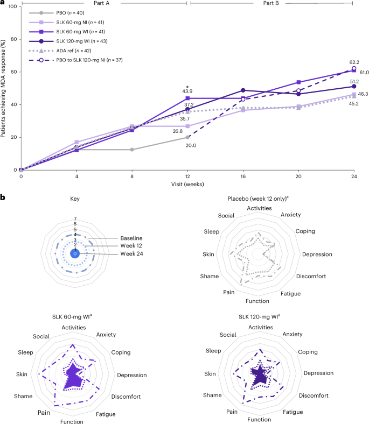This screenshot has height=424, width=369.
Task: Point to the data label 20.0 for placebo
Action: click(x=187, y=145)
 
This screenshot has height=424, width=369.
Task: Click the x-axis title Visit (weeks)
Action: click(x=187, y=183)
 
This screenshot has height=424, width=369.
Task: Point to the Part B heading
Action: click(x=270, y=3)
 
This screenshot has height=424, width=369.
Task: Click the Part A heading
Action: click(x=103, y=3)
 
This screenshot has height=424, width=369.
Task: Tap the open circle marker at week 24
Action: click(x=353, y=68)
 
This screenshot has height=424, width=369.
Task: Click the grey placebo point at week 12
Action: click(x=187, y=137)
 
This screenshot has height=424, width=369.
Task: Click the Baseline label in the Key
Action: click(x=125, y=237)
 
